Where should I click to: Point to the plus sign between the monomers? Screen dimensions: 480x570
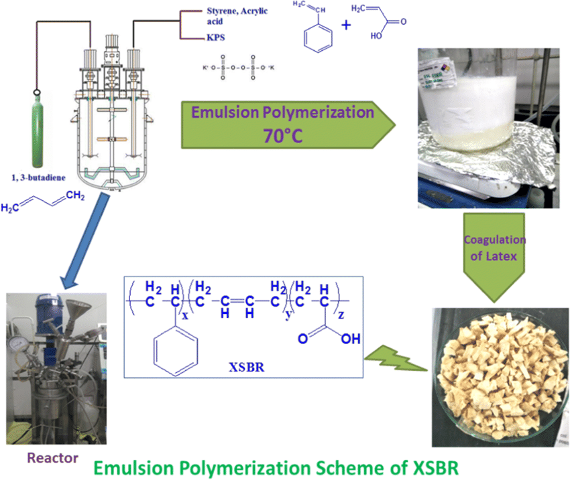pyautogui.click(x=347, y=25)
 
